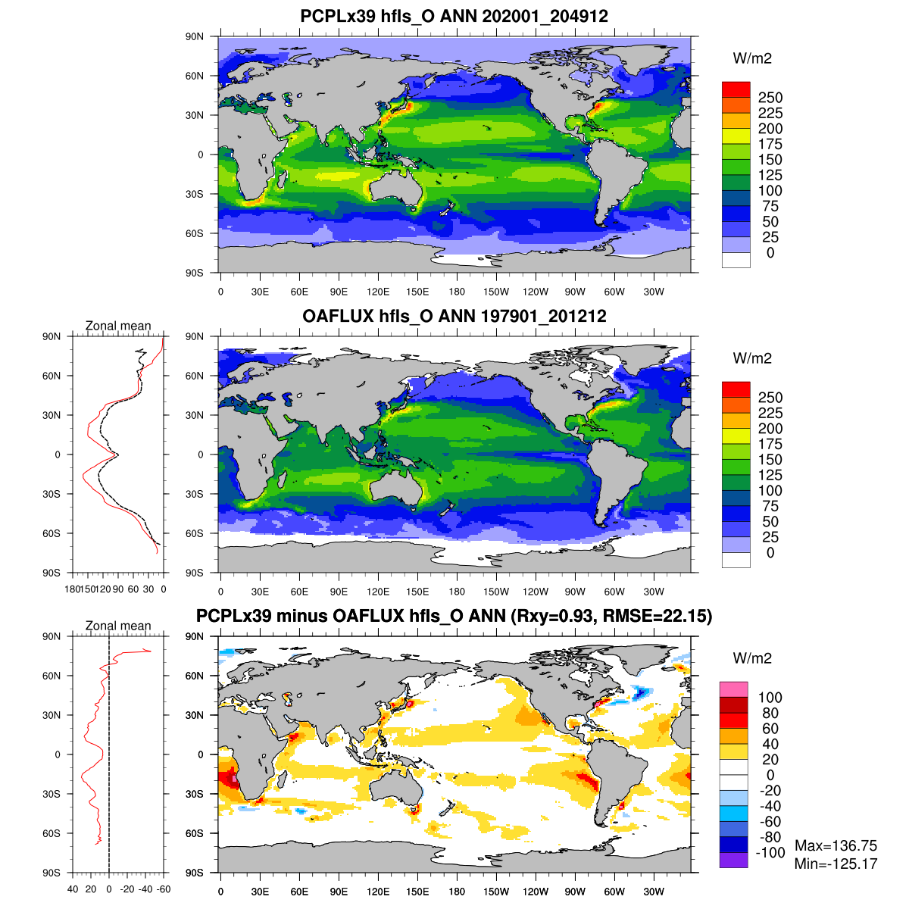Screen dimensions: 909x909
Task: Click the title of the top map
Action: click(454, 16)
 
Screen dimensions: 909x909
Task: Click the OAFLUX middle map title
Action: click(454, 316)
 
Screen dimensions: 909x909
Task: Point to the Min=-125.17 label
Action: click(836, 864)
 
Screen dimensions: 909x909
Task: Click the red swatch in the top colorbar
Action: click(736, 89)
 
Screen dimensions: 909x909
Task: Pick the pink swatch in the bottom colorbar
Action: click(733, 689)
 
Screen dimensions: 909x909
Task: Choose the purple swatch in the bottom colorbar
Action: click(733, 860)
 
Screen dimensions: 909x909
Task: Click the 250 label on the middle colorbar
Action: click(770, 398)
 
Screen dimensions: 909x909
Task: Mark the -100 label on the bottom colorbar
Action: click(770, 853)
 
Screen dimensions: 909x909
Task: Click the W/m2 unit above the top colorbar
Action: click(752, 58)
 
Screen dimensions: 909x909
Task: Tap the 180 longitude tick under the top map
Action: click(457, 292)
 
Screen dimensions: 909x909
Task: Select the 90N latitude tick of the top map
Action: click(195, 36)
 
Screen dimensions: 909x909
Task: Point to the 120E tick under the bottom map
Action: click(378, 892)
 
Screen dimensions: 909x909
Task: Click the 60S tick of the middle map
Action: click(195, 533)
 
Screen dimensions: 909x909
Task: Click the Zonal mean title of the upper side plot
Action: click(118, 326)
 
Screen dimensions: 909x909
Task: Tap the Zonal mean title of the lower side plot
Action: click(118, 626)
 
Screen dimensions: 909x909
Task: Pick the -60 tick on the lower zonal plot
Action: click(163, 889)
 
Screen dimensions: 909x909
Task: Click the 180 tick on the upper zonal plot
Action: click(73, 589)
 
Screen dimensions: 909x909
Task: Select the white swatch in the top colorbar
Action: click(736, 260)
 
